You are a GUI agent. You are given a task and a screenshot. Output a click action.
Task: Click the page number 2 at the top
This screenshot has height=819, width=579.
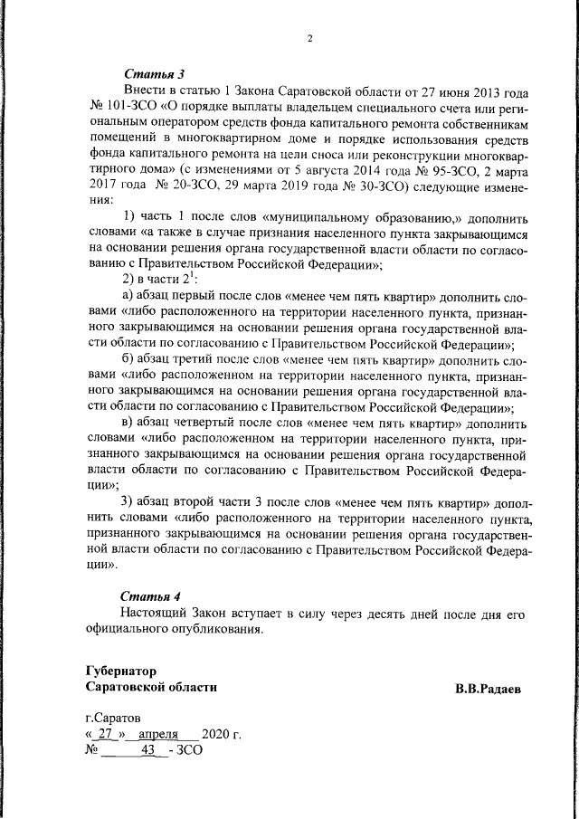(x=308, y=38)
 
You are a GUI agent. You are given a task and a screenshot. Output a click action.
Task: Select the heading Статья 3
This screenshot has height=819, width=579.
(x=153, y=73)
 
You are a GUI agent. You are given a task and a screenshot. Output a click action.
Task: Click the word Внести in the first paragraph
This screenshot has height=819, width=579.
(x=144, y=92)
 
